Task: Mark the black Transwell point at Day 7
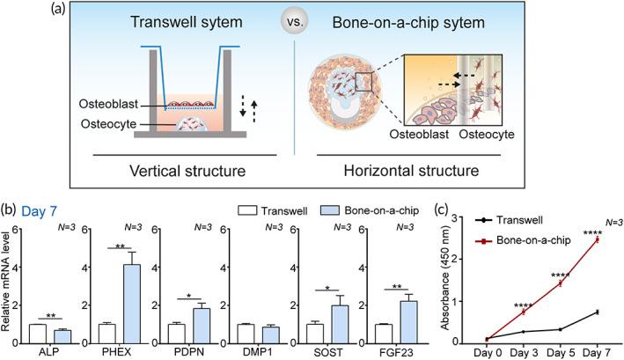(598, 312)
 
